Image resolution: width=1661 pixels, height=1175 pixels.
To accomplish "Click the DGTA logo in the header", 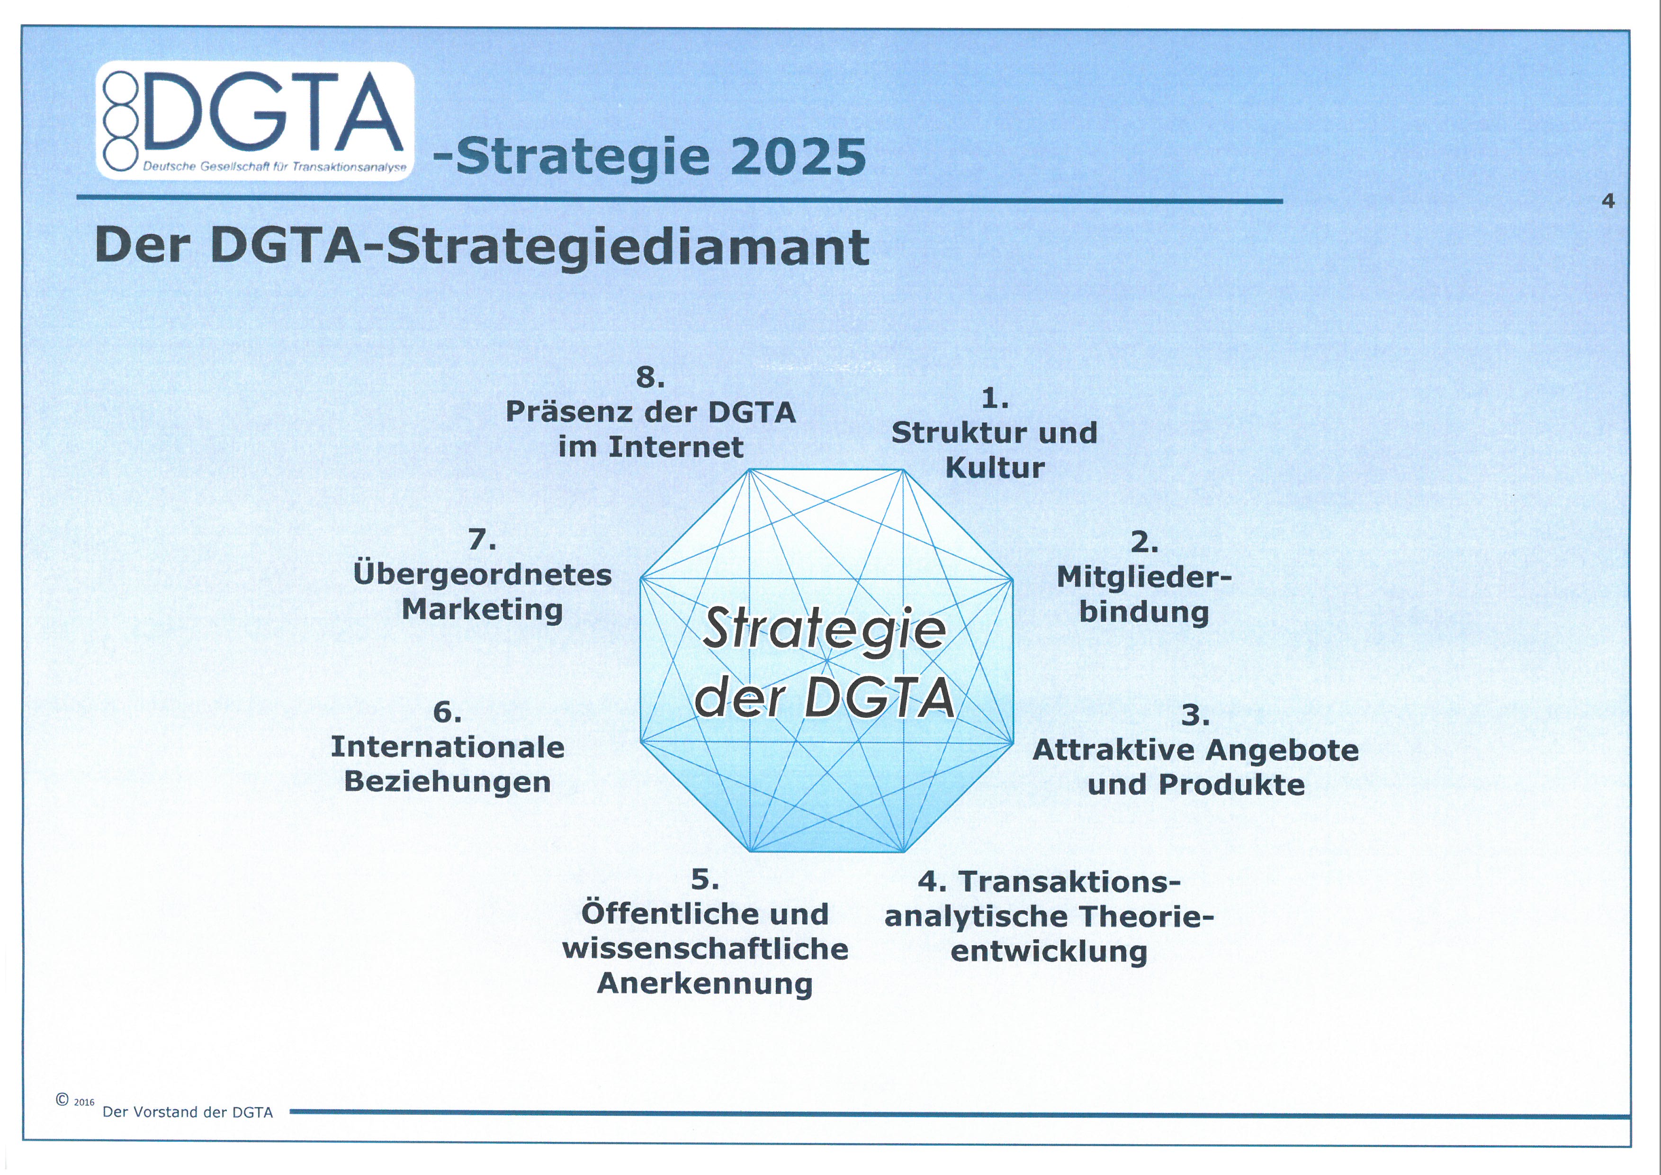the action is pyautogui.click(x=255, y=121).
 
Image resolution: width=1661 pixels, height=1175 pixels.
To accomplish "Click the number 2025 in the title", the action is pyautogui.click(x=798, y=156).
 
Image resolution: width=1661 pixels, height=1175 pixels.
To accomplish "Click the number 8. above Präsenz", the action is pyautogui.click(x=650, y=377).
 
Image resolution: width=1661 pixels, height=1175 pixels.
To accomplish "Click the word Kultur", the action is pyautogui.click(x=995, y=468).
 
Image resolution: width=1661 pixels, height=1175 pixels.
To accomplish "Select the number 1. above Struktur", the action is pyautogui.click(x=995, y=398).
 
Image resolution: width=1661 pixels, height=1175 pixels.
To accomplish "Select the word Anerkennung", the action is pyautogui.click(x=705, y=984).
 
